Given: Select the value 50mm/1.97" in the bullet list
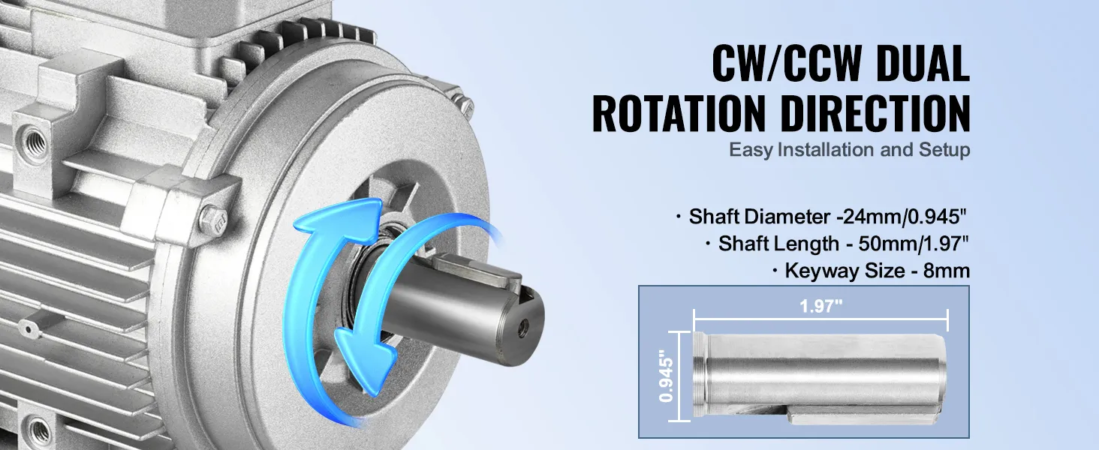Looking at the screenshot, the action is pos(914,244).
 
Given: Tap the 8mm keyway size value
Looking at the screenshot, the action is pos(946,271).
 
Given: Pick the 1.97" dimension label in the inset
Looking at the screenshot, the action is pos(820,306).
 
